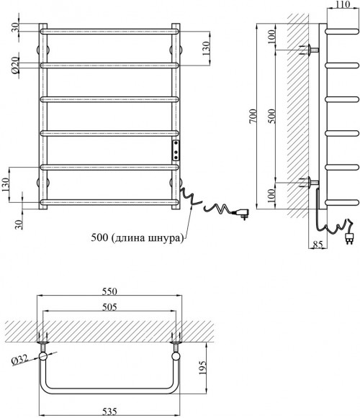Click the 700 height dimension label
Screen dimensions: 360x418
click(253, 117)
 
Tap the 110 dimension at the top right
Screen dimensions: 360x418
click(343, 4)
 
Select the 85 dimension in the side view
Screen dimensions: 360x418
click(318, 244)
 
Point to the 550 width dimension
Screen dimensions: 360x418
click(109, 291)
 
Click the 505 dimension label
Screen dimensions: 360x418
click(109, 307)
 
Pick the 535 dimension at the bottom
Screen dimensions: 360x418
click(109, 412)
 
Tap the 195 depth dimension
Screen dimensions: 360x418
click(203, 368)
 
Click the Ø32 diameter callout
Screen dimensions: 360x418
click(20, 360)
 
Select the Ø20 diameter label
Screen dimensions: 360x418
click(15, 65)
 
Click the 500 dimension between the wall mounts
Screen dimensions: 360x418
click(271, 117)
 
